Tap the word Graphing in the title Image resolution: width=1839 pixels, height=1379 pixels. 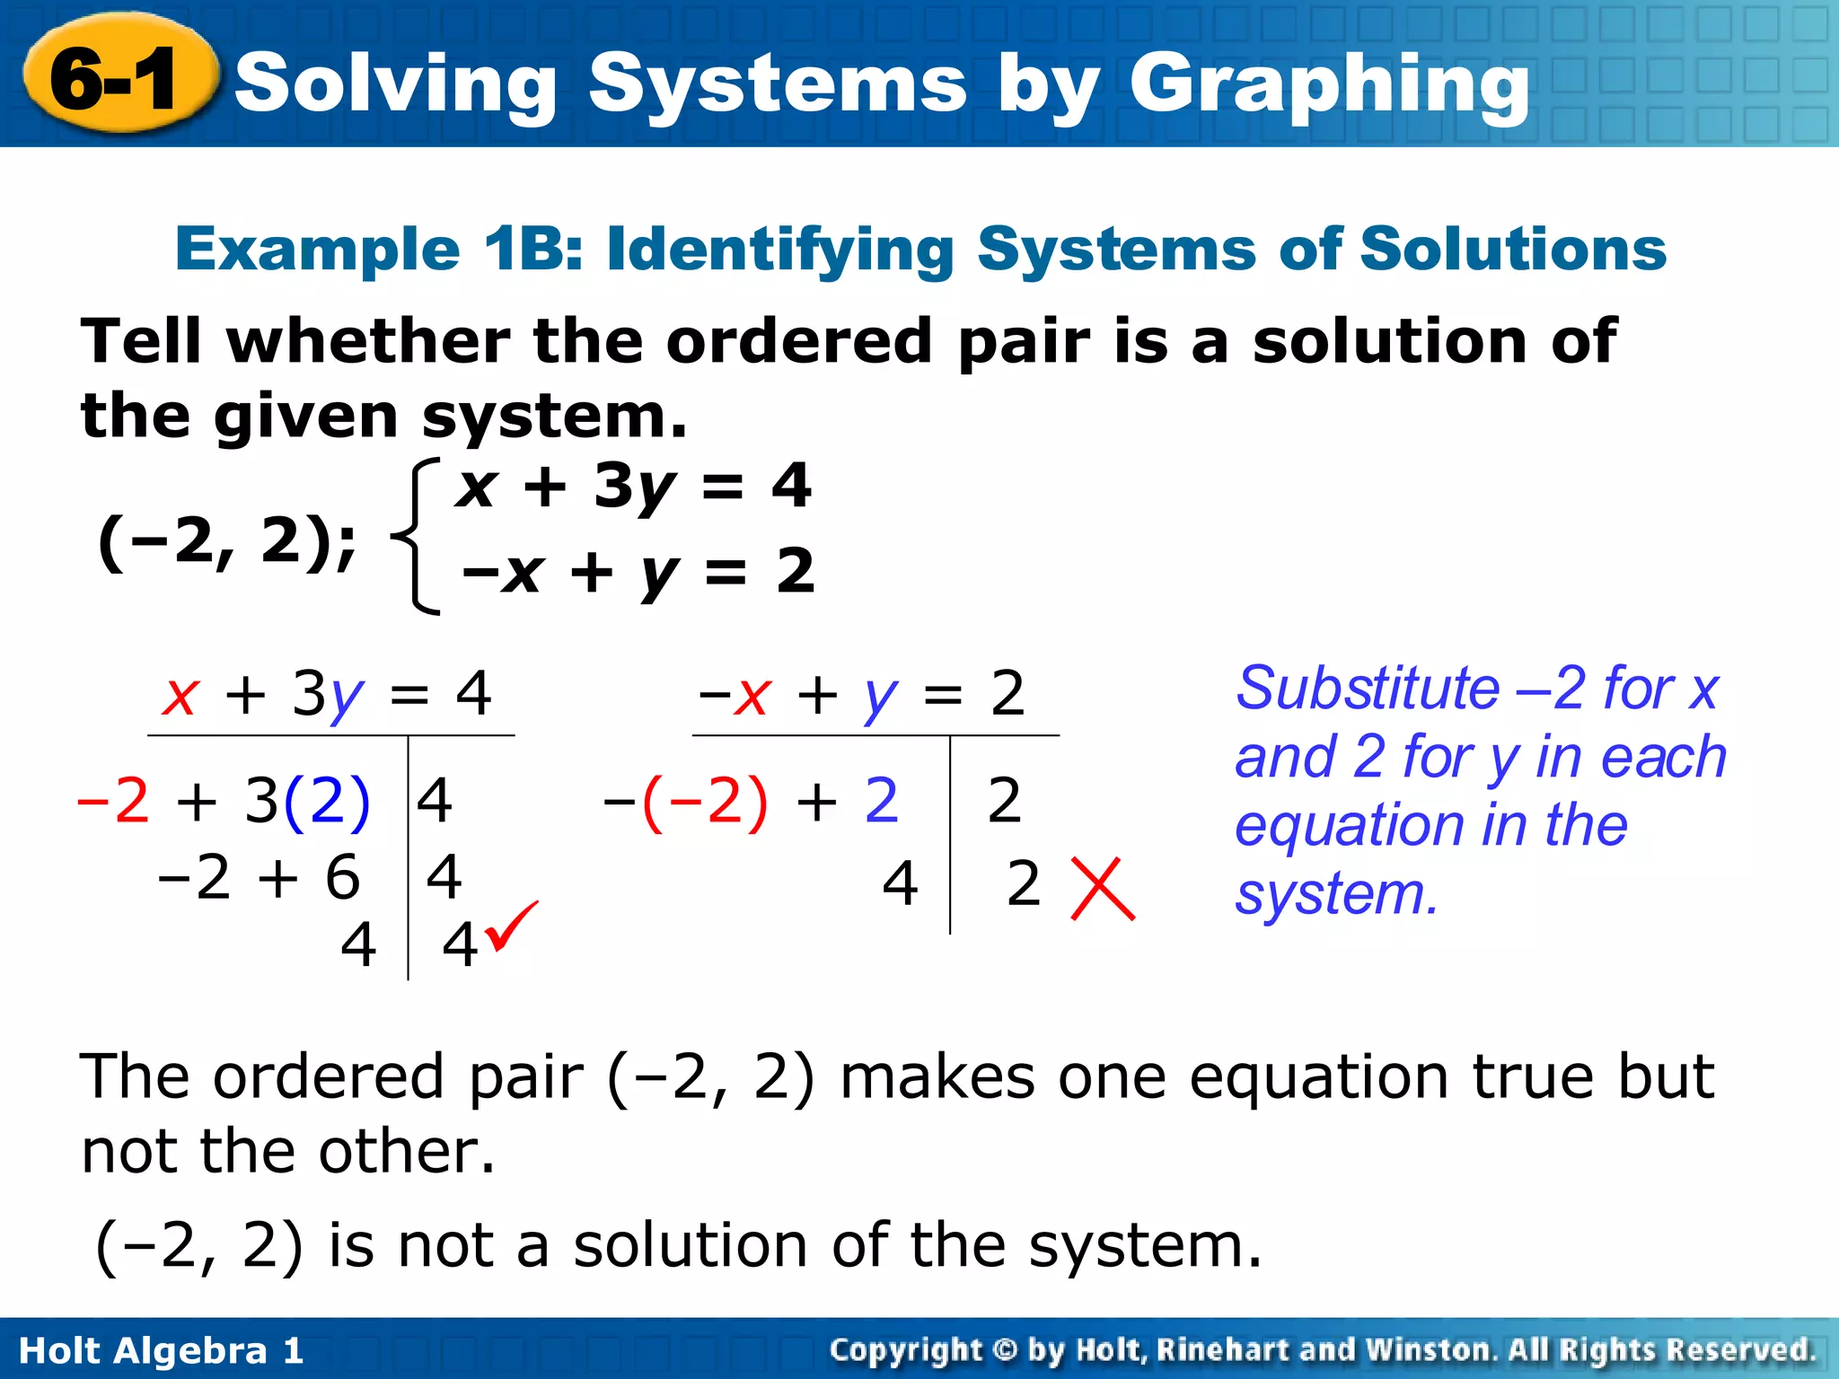coord(1329,85)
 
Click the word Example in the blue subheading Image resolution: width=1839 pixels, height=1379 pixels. coord(318,250)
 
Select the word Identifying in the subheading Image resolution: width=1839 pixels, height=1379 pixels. coord(780,250)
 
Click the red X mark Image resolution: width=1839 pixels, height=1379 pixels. coord(1103,889)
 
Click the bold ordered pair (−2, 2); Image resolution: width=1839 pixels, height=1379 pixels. coord(227,542)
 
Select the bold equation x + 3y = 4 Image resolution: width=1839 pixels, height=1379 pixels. coord(634,487)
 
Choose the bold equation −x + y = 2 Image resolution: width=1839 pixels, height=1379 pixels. coord(638,572)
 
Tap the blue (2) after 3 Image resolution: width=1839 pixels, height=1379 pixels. coord(326,800)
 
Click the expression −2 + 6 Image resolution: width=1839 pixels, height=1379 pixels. coord(260,877)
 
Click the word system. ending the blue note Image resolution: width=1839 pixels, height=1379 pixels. coord(1337,894)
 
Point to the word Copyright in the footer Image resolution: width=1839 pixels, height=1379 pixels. coord(906,1350)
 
